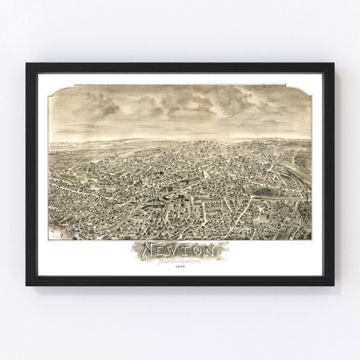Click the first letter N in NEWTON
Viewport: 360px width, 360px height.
pos(150,250)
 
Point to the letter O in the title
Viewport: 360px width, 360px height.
pos(201,250)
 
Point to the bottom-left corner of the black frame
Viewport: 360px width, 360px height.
pos(27,285)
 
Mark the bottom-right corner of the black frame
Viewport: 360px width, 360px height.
pos(333,285)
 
